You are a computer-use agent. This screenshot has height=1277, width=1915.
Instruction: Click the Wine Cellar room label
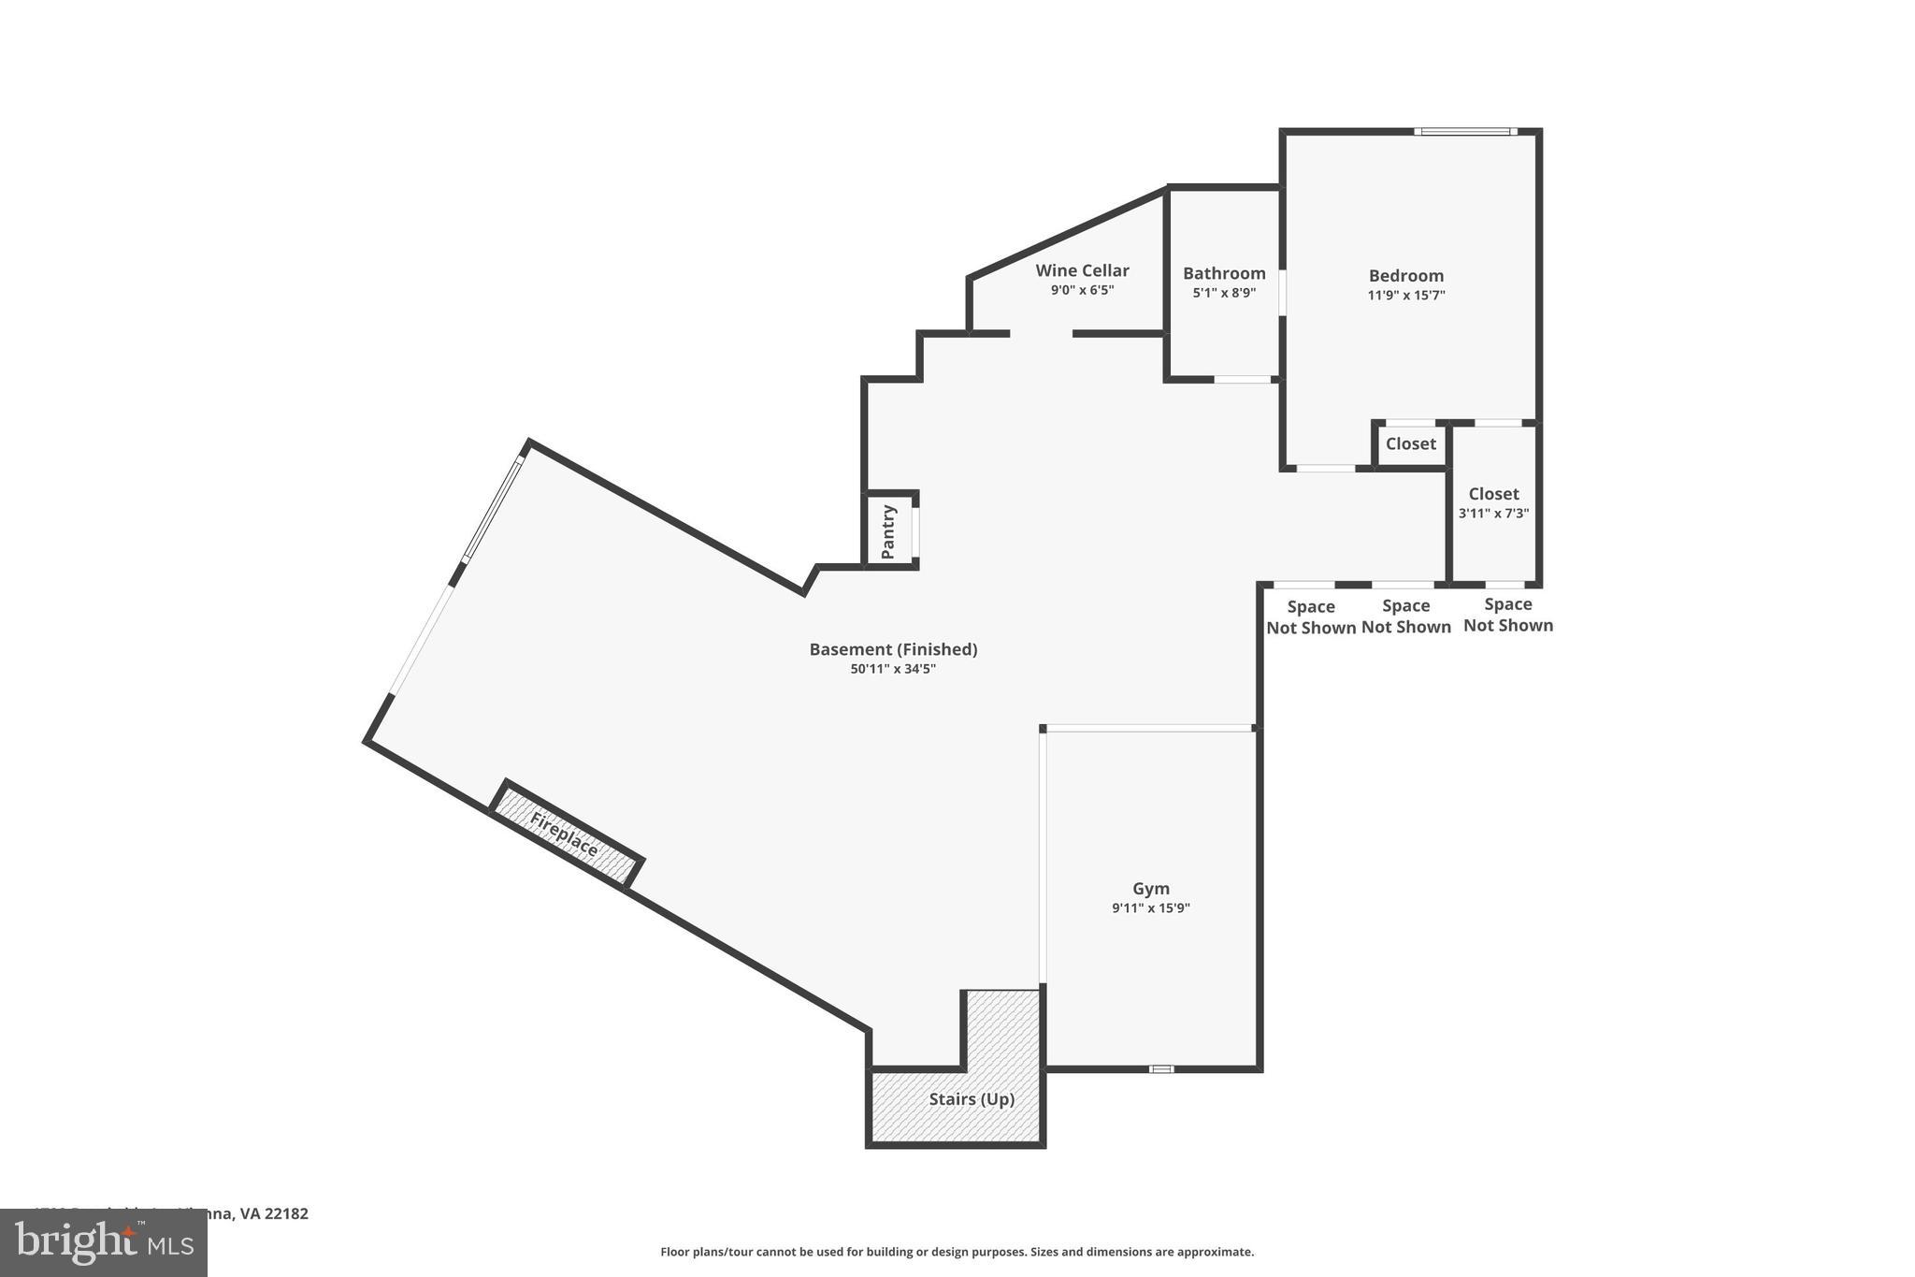click(1082, 270)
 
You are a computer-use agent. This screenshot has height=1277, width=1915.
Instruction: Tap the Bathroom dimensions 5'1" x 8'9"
click(1223, 293)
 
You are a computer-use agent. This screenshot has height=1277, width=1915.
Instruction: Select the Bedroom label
click(1405, 275)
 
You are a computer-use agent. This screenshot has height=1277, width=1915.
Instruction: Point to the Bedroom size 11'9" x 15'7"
click(1405, 296)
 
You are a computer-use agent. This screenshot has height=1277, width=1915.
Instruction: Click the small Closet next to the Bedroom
click(1410, 443)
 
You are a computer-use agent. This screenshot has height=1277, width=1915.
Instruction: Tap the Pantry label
click(888, 531)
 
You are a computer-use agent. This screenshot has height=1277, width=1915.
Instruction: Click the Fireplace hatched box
click(566, 834)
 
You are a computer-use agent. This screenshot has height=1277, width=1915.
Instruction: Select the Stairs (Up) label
click(971, 1099)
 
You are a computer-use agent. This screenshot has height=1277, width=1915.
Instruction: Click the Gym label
click(1150, 888)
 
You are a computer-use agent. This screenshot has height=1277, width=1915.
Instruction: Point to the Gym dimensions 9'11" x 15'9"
click(1150, 908)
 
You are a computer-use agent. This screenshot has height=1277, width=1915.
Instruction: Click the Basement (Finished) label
click(893, 648)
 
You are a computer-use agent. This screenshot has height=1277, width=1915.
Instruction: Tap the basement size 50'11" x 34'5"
click(893, 669)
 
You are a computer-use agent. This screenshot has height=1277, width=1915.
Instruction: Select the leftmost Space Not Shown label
click(1311, 617)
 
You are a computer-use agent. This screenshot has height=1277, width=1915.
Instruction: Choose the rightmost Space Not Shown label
click(1507, 615)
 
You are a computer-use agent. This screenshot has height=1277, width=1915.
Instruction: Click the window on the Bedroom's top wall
click(1464, 132)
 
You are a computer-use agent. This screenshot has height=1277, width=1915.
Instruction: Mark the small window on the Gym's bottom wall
click(1160, 1068)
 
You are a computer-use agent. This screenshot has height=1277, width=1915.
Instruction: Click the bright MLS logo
click(104, 1243)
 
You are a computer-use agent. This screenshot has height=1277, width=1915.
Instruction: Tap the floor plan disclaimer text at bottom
click(957, 1252)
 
